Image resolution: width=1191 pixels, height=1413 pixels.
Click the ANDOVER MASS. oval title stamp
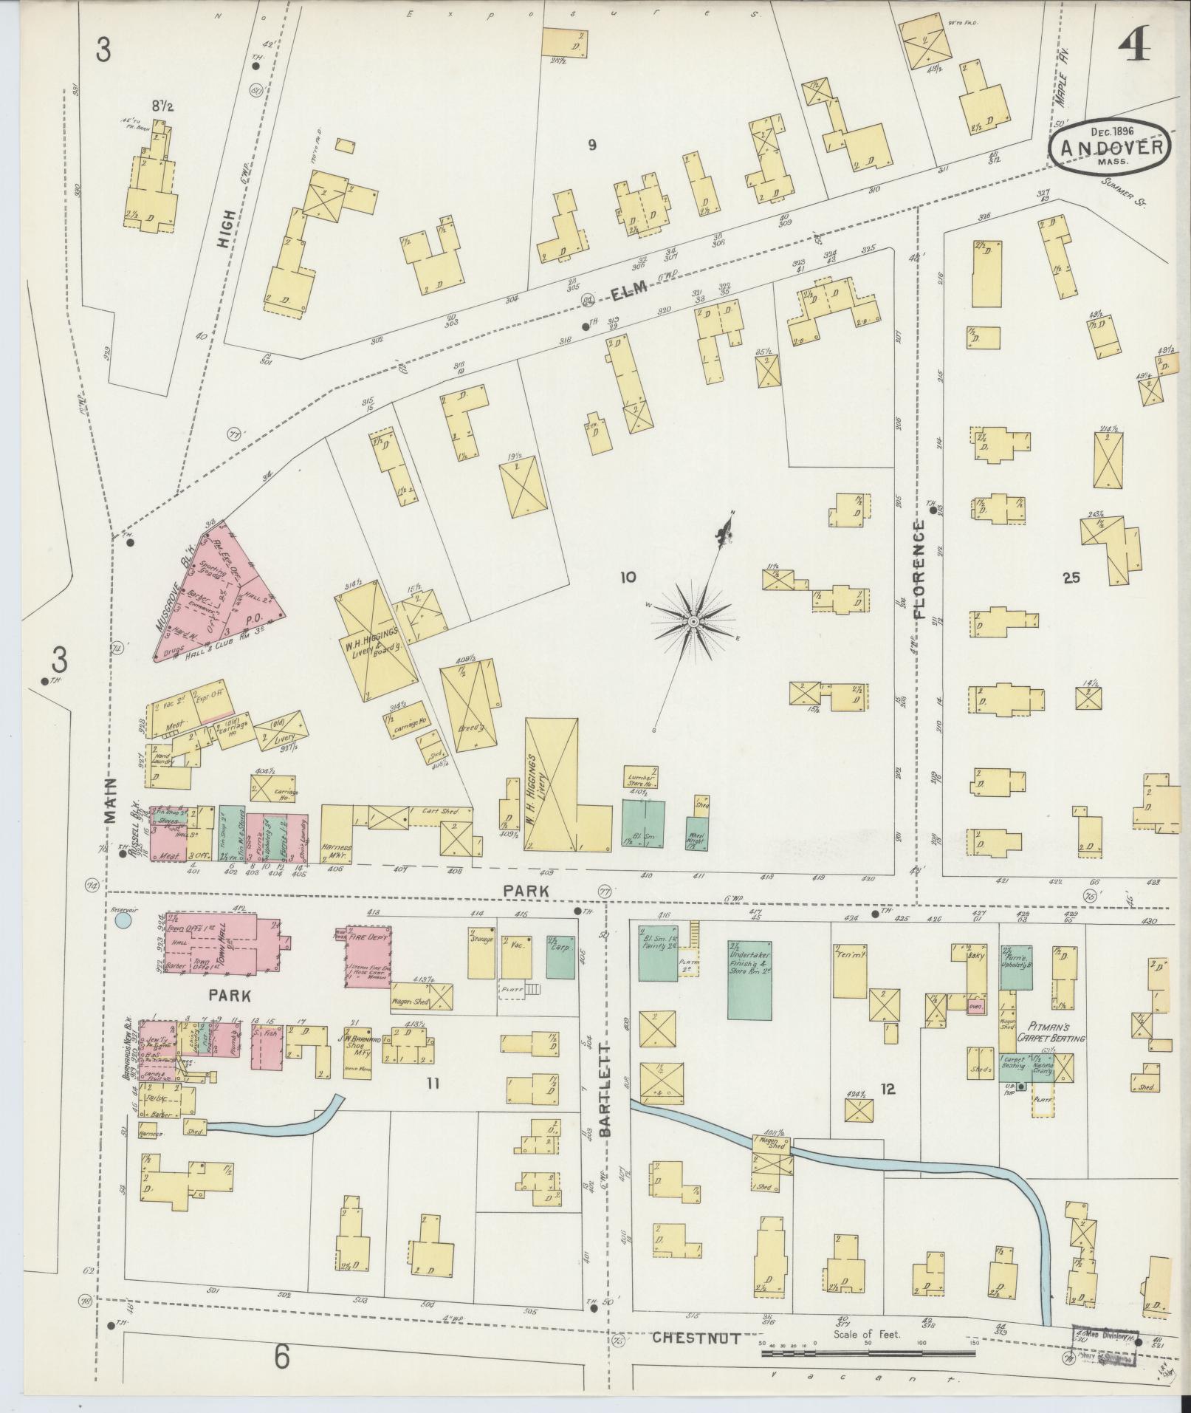point(1109,146)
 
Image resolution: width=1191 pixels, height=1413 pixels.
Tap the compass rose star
point(693,623)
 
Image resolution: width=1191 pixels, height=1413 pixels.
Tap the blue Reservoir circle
point(123,920)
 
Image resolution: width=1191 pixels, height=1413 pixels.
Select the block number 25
point(1071,578)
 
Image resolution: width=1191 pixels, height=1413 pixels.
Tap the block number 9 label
point(591,146)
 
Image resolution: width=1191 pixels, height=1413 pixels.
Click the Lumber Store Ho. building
point(641,780)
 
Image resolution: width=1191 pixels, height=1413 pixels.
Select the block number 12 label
point(888,1088)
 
